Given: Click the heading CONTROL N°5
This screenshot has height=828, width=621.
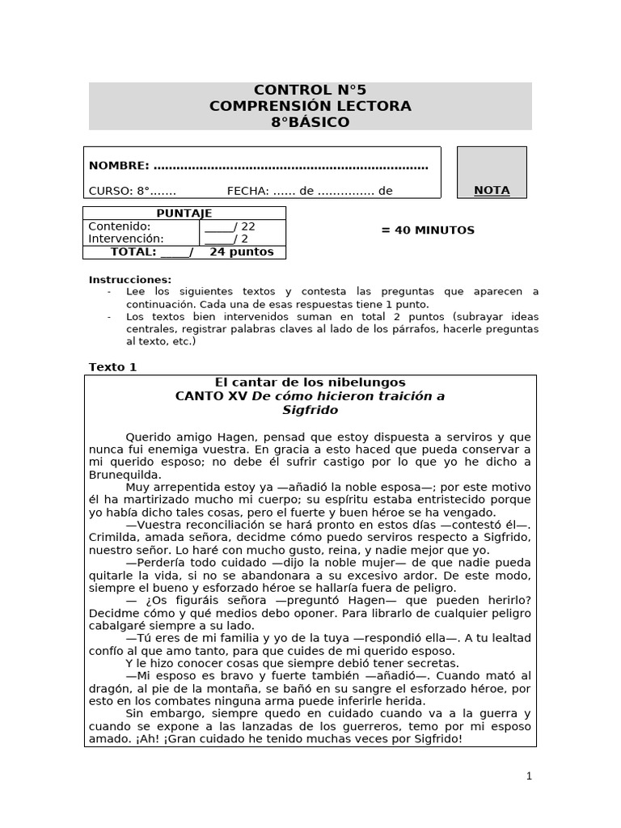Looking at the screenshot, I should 310,90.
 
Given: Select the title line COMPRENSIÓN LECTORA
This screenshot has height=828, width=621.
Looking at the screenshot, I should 310,106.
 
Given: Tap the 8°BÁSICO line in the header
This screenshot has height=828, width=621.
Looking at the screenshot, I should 310,122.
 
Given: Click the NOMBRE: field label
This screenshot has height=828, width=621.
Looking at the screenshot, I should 119,166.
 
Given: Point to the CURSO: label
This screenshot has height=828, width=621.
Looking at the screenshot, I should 111,191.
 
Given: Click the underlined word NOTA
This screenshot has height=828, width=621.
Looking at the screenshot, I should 492,190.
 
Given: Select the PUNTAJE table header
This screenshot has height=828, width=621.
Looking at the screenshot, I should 184,213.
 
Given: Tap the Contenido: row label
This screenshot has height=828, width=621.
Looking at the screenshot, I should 120,226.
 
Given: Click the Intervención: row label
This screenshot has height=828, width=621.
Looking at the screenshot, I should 126,239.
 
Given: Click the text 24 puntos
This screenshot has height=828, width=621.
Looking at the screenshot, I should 242,251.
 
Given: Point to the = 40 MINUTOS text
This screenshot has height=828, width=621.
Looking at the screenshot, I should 428,230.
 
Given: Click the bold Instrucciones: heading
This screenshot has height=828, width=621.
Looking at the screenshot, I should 130,280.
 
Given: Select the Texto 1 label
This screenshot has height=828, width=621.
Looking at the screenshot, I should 112,367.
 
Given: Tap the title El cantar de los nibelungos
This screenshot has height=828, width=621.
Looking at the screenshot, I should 310,382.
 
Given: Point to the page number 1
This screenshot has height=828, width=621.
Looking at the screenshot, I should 529,776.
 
